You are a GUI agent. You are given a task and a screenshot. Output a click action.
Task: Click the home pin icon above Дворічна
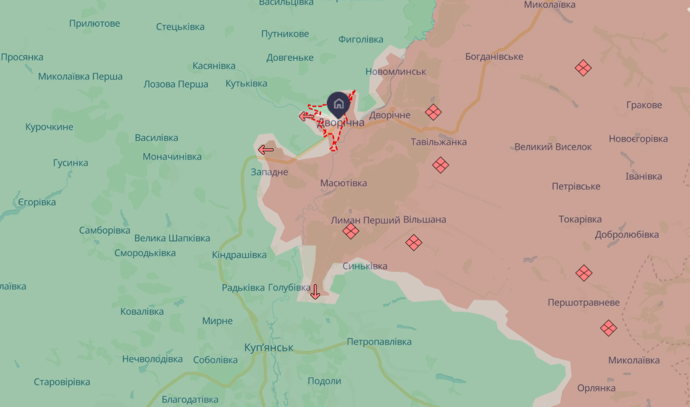339,104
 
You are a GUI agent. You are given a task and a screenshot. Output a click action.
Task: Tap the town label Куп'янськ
269,347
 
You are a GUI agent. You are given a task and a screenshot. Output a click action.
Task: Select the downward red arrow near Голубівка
315,292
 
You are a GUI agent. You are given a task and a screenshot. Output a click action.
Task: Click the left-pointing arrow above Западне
266,150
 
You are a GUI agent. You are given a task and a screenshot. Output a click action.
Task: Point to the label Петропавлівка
379,341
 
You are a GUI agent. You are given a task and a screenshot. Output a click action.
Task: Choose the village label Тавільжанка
439,142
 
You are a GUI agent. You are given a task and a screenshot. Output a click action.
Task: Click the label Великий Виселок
553,147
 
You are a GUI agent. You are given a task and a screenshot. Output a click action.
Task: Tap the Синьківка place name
365,266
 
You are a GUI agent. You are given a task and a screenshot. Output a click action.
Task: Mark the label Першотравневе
583,303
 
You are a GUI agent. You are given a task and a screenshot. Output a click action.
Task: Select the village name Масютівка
344,183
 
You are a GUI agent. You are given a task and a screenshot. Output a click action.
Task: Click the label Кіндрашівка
239,255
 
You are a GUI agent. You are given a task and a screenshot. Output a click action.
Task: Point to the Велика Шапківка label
172,238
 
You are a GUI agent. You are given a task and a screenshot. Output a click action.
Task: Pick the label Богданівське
494,57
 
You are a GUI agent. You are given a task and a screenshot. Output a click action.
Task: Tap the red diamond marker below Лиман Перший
351,231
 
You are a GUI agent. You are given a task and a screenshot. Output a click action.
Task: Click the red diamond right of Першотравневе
608,328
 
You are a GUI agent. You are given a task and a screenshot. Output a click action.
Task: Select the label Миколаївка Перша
81,77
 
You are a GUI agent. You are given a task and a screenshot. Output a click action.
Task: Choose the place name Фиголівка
360,39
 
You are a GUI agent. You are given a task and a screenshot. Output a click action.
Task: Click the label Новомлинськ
396,71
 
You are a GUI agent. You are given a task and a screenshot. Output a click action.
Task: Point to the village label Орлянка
596,388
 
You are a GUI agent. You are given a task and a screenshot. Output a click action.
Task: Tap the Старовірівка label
62,382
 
